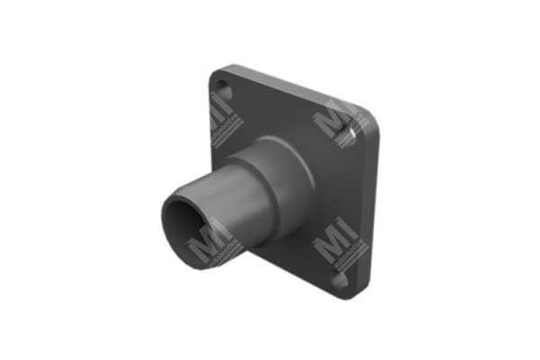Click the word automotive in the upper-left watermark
[x=228, y=125]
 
